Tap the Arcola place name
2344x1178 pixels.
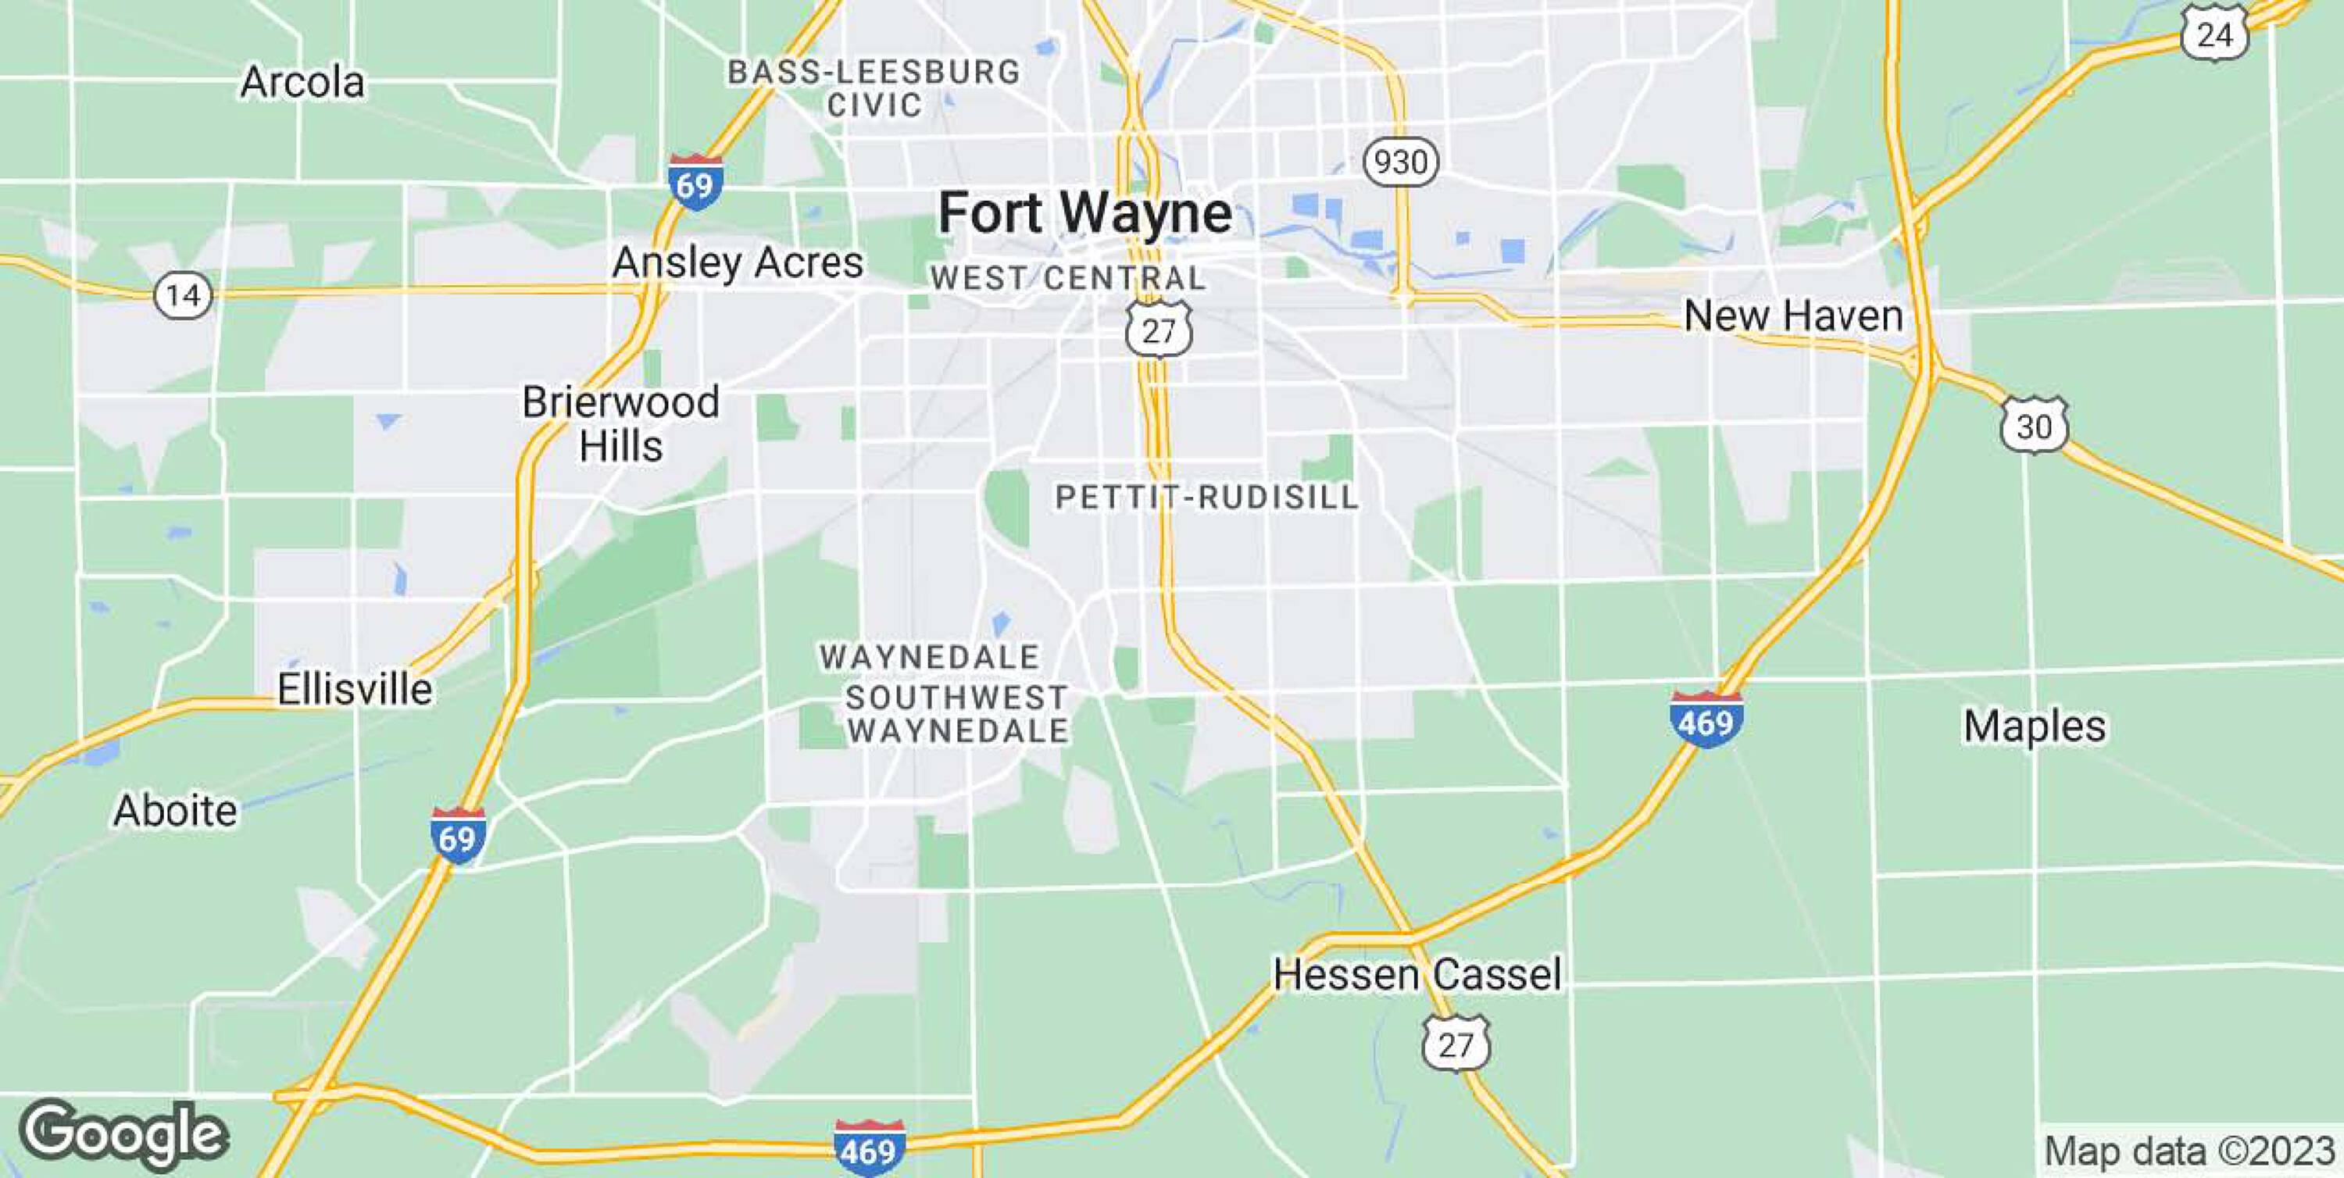click(302, 83)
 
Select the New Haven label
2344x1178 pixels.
click(1792, 316)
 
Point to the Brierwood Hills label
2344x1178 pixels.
click(620, 424)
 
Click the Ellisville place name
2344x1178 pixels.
click(354, 689)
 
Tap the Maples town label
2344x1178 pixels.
click(2034, 726)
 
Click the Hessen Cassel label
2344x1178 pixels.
click(1417, 974)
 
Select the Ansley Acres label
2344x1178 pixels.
click(737, 263)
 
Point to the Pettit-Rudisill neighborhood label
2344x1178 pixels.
click(1206, 497)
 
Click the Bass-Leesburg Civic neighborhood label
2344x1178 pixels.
click(874, 88)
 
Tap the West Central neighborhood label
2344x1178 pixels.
click(1067, 277)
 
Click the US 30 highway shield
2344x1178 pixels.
click(2034, 425)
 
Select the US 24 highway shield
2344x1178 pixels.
click(2214, 35)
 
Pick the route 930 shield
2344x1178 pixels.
click(1400, 162)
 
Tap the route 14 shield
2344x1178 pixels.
click(183, 294)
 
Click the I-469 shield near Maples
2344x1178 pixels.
click(1706, 719)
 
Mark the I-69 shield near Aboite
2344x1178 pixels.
click(458, 835)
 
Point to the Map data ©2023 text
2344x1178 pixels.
click(2189, 1151)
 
